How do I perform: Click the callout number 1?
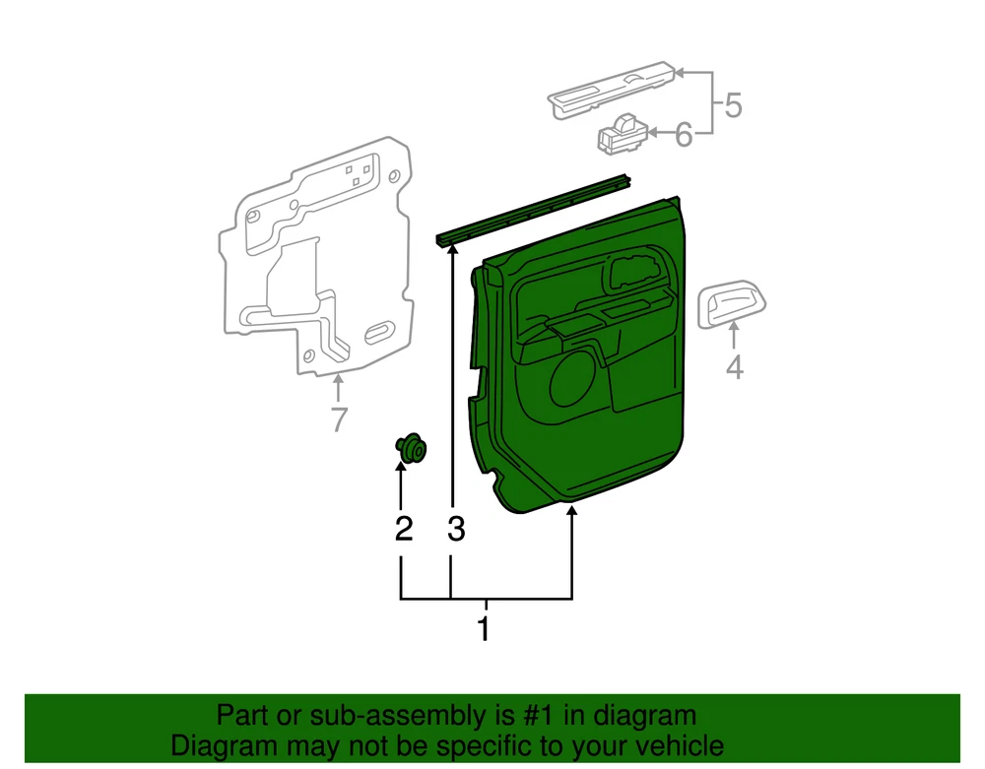[484, 628]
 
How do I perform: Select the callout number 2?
[404, 529]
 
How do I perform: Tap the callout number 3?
[456, 529]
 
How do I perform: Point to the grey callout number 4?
[735, 366]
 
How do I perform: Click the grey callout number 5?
[733, 104]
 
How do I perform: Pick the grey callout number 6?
[684, 134]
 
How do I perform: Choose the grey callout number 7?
[339, 418]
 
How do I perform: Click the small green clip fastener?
[411, 448]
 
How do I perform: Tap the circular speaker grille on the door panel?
[572, 382]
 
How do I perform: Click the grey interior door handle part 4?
[732, 304]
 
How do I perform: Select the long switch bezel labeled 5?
[612, 90]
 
